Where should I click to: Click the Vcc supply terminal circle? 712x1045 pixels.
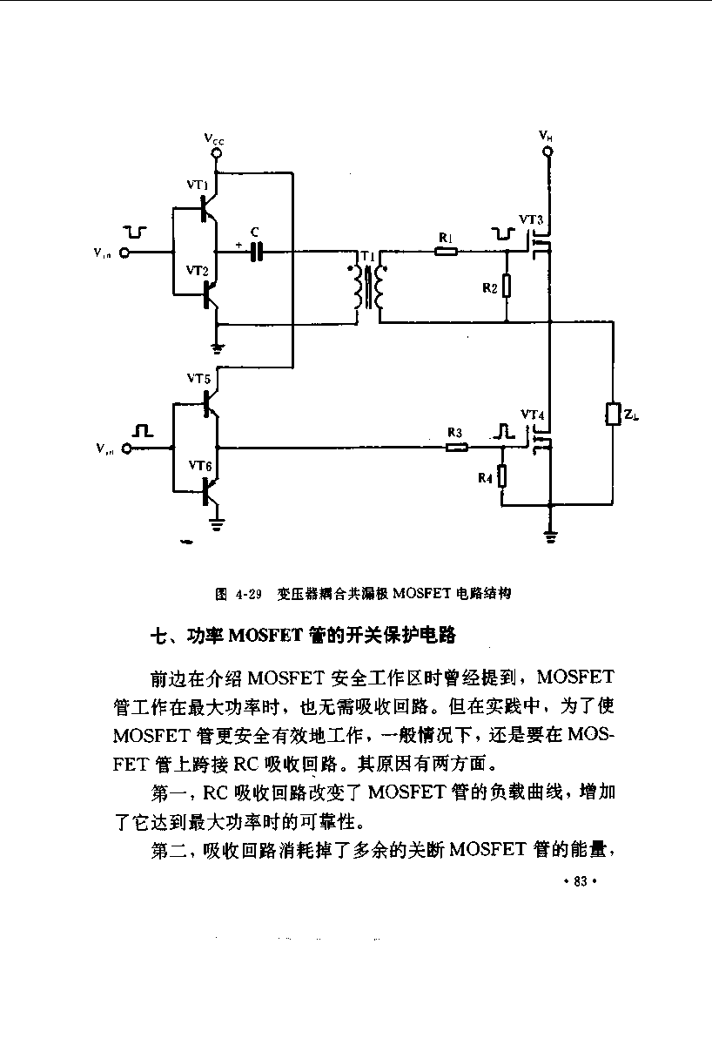click(x=217, y=152)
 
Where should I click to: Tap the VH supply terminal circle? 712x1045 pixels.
click(x=548, y=152)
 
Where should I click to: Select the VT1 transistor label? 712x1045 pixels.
click(x=198, y=185)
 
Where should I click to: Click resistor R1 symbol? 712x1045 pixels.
click(x=446, y=252)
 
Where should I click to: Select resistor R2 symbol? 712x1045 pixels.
click(x=507, y=286)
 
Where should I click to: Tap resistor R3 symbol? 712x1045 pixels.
click(x=457, y=448)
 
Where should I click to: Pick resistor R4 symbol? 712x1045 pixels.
click(x=501, y=476)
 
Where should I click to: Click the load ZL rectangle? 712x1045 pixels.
click(x=613, y=414)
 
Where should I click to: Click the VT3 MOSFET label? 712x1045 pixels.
click(x=531, y=219)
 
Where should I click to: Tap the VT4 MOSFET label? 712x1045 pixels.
click(x=533, y=415)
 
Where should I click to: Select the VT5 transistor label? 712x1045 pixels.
click(x=198, y=378)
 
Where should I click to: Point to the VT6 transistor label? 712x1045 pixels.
click(x=199, y=465)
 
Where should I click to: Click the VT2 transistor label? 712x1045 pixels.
click(x=198, y=270)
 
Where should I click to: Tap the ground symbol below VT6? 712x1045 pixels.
click(x=217, y=525)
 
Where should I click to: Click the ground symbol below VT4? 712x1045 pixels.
click(x=550, y=537)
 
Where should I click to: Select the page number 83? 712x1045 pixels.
click(x=581, y=881)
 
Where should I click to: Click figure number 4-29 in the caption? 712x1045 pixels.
click(x=249, y=594)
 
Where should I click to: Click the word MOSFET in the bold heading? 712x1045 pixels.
click(x=266, y=636)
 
